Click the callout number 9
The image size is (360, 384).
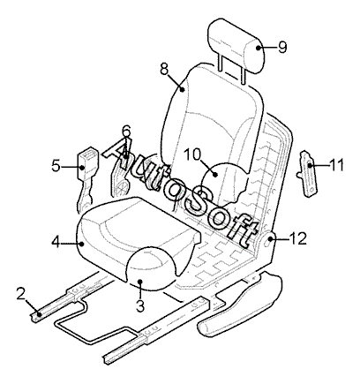pyautogui.click(x=282, y=47)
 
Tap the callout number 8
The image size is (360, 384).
pyautogui.click(x=164, y=69)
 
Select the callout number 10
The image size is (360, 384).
pyautogui.click(x=192, y=154)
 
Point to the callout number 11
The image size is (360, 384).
pyautogui.click(x=336, y=165)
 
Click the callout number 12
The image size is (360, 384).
pyautogui.click(x=297, y=238)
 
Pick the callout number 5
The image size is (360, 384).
pyautogui.click(x=56, y=166)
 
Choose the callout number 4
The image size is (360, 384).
pyautogui.click(x=56, y=242)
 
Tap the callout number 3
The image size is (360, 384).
pyautogui.click(x=140, y=305)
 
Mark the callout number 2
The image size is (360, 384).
pyautogui.click(x=20, y=294)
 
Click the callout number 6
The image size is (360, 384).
pyautogui.click(x=126, y=131)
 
